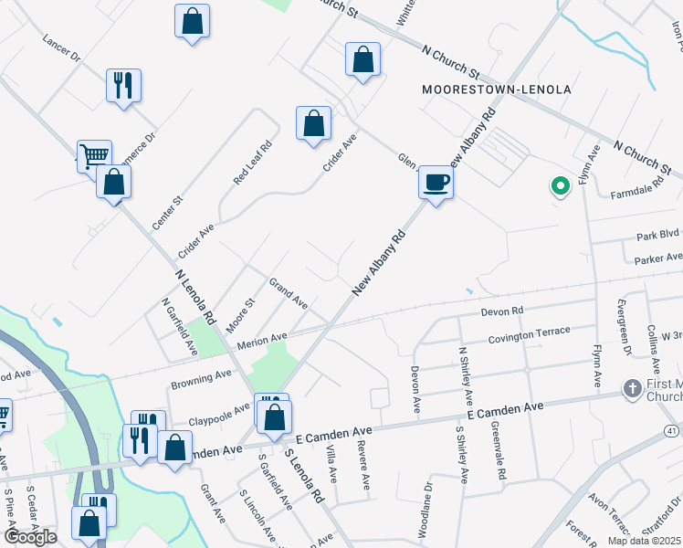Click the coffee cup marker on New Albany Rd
click(436, 182)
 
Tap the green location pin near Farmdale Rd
click(560, 186)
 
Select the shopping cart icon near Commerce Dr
click(93, 157)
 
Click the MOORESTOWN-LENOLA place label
click(497, 90)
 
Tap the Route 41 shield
click(672, 431)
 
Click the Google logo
click(30, 537)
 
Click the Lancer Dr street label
click(61, 49)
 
